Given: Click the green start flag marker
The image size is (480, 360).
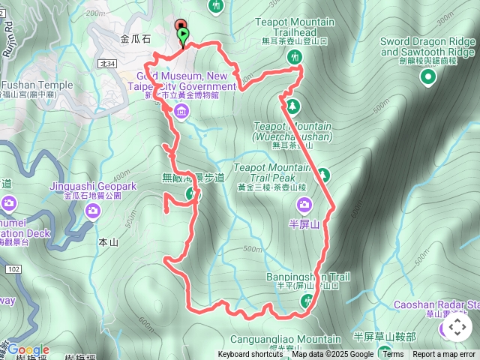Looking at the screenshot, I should pyautogui.click(x=182, y=35).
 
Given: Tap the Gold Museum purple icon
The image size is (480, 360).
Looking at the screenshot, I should pyautogui.click(x=180, y=112).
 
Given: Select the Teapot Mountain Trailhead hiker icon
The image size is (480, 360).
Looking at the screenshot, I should pyautogui.click(x=298, y=57).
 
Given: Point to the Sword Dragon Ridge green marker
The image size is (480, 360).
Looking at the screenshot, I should pyautogui.click(x=428, y=76).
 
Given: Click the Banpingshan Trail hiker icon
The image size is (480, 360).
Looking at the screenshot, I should pyautogui.click(x=306, y=301).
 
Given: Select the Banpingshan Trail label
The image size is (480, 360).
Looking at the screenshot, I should pyautogui.click(x=308, y=277).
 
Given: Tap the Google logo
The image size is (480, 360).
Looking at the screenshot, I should pyautogui.click(x=28, y=350).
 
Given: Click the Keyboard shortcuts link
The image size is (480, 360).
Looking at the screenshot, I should pyautogui.click(x=250, y=355).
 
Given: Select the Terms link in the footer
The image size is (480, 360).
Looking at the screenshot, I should pyautogui.click(x=392, y=355).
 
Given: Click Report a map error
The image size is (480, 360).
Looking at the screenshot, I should pyautogui.click(x=444, y=355).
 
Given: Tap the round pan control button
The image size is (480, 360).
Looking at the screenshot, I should pyautogui.click(x=458, y=327).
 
